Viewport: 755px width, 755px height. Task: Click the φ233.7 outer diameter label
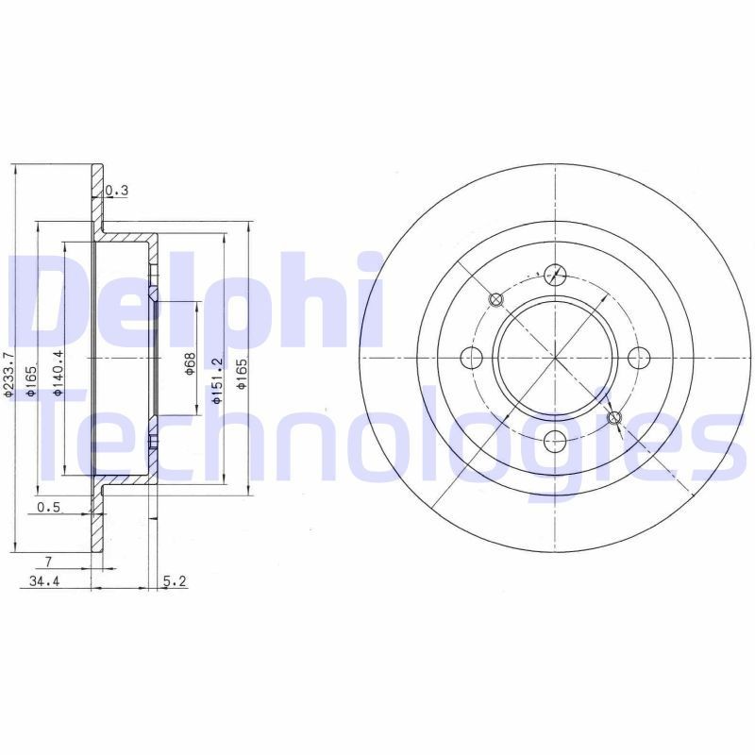tap(9, 375)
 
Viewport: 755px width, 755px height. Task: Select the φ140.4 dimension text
tap(59, 373)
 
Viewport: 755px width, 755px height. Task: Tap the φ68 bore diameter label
tap(190, 363)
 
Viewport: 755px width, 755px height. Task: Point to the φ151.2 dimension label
tap(216, 380)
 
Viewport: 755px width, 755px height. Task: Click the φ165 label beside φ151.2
tap(242, 373)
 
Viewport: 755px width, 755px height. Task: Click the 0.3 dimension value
tap(117, 191)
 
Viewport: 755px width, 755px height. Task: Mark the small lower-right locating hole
tap(615, 417)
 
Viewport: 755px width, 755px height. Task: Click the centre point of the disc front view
tap(556, 358)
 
